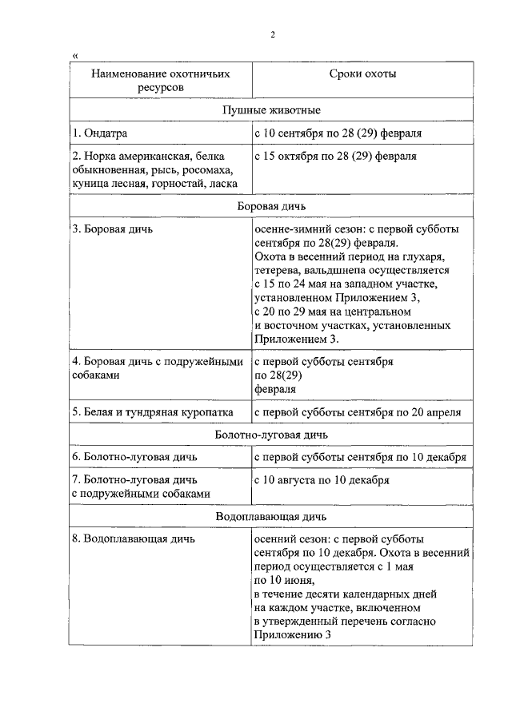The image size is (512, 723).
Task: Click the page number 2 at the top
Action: coord(272,34)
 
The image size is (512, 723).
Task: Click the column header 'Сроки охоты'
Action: coord(362,73)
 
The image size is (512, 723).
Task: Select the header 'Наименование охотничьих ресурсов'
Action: coord(160,80)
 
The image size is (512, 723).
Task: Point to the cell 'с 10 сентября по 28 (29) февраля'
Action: coord(338,133)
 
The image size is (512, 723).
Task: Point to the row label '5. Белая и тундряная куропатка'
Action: coord(152,412)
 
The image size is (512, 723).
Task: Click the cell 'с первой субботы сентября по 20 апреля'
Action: coord(357,412)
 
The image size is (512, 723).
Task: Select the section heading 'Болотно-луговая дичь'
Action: coord(272,435)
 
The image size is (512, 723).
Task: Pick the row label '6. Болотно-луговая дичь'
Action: coord(134,457)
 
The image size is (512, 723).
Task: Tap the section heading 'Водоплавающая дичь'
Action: coord(272,516)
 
